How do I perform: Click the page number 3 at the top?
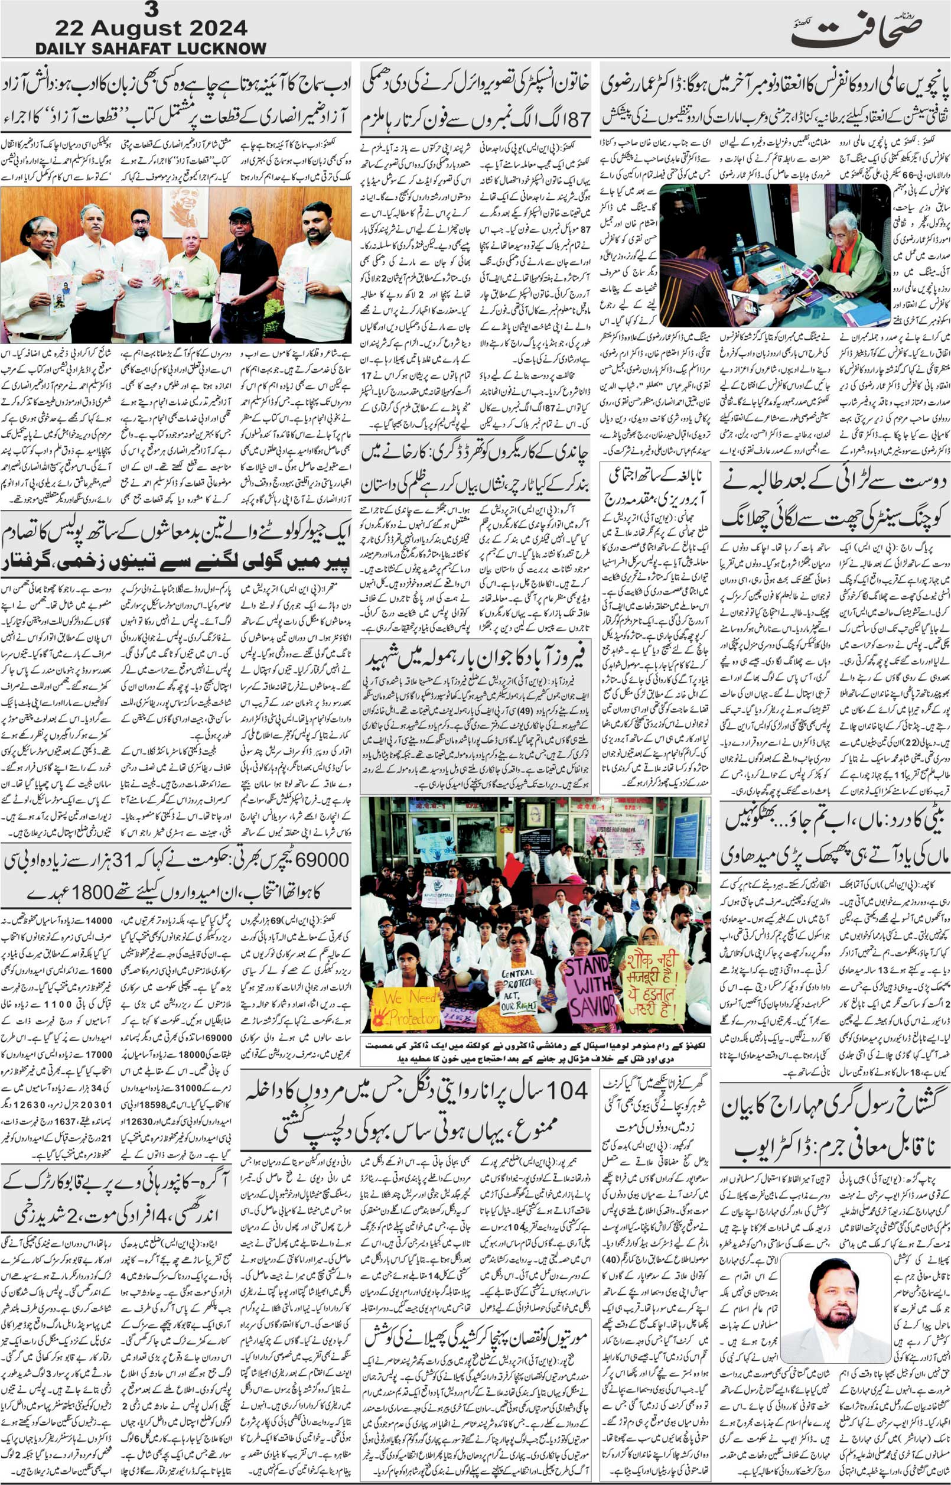pos(150,10)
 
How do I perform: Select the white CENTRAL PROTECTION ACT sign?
pos(524,982)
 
